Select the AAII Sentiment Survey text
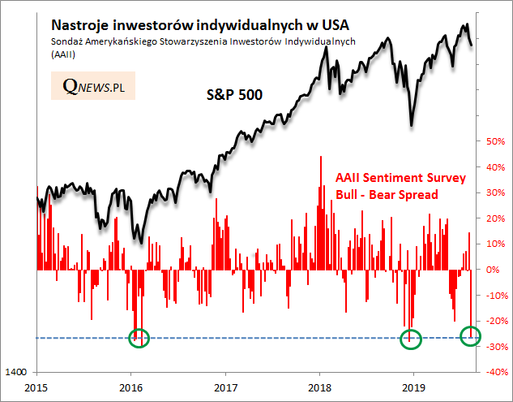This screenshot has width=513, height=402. pyautogui.click(x=400, y=178)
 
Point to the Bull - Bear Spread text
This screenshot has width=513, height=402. pyautogui.click(x=387, y=195)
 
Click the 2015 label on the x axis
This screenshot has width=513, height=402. pyautogui.click(x=36, y=388)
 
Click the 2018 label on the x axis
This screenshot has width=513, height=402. pyautogui.click(x=320, y=388)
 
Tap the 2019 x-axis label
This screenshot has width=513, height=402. pyautogui.click(x=414, y=388)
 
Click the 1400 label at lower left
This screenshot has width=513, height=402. pyautogui.click(x=18, y=371)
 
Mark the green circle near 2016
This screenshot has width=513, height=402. pyautogui.click(x=139, y=338)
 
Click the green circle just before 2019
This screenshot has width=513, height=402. pyautogui.click(x=412, y=339)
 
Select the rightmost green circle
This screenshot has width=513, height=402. pyautogui.click(x=471, y=335)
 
